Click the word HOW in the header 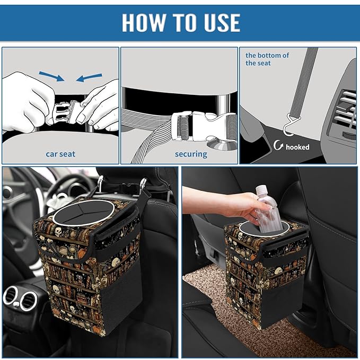(x=144, y=23)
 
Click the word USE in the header (x=219, y=23)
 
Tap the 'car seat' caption (x=60, y=154)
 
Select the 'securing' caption (x=191, y=154)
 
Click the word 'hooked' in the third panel (x=297, y=147)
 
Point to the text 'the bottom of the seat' (x=267, y=59)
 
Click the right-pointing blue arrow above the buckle (x=54, y=77)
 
